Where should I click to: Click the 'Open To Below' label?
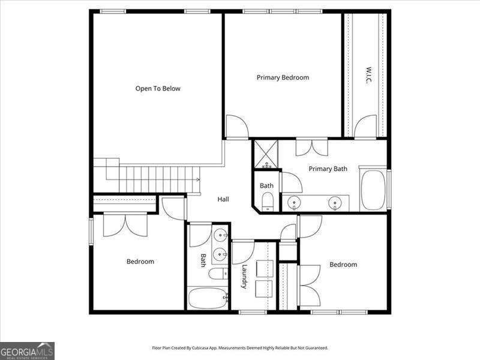(x=158, y=89)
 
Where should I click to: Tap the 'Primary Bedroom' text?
(x=283, y=78)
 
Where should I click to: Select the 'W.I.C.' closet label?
(x=368, y=75)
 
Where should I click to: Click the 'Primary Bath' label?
(x=328, y=169)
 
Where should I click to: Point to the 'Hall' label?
(x=223, y=199)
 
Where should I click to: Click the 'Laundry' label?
(x=244, y=277)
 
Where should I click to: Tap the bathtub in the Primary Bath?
(x=373, y=190)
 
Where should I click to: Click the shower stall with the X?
(x=266, y=154)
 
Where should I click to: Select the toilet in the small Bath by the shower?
(x=268, y=202)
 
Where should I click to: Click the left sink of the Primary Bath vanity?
(x=294, y=203)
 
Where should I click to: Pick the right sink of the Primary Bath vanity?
(x=335, y=203)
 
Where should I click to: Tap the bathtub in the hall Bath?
(x=207, y=298)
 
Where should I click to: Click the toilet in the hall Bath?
(x=218, y=274)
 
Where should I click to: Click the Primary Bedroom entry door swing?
(x=237, y=126)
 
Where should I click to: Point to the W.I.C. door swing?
(x=365, y=126)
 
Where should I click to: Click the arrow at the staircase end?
(x=198, y=179)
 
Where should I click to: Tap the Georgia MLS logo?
(x=27, y=351)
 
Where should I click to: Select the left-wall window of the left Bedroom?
(x=91, y=231)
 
